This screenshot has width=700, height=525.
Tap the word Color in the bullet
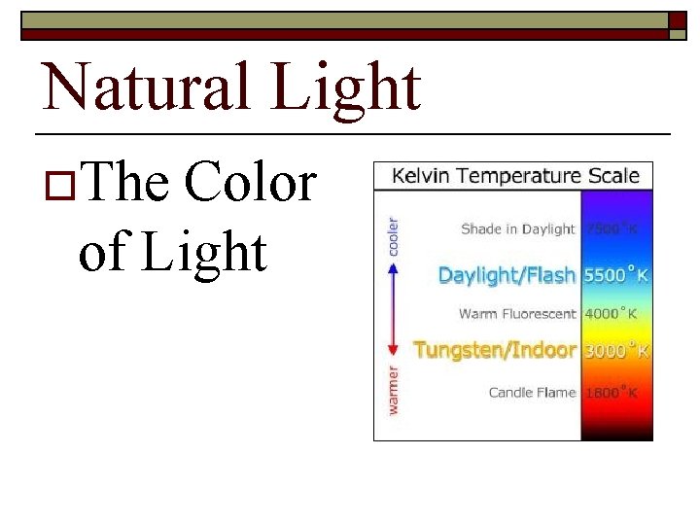point(251,184)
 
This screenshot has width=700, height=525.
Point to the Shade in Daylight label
point(518,229)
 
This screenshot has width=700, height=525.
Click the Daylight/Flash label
point(507,275)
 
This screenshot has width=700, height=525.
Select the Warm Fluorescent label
point(517,314)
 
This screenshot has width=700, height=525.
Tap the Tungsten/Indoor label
point(495,350)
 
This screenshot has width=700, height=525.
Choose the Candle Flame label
point(532,393)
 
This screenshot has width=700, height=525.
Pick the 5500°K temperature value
point(615,275)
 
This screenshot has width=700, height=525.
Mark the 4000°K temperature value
point(611,314)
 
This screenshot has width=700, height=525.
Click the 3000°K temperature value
point(615,350)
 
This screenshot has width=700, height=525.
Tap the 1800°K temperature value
point(611,393)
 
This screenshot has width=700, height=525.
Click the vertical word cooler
point(394,235)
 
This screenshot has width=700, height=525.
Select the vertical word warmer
point(394,390)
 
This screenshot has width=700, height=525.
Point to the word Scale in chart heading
point(612,176)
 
